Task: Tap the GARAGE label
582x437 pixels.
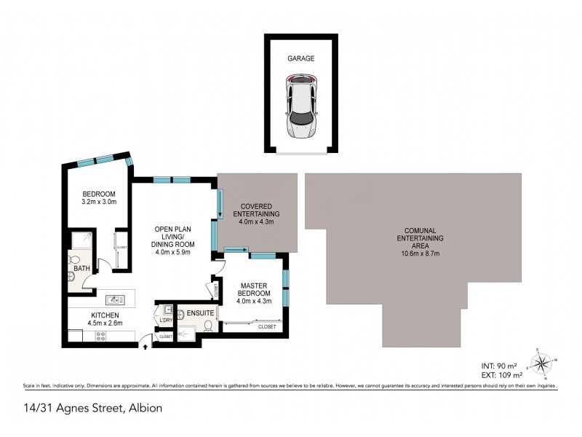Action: pyautogui.click(x=300, y=58)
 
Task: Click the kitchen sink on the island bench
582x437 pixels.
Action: pyautogui.click(x=113, y=298)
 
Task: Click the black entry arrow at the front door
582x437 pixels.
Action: pyautogui.click(x=145, y=347)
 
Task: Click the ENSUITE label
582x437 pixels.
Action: pyautogui.click(x=200, y=312)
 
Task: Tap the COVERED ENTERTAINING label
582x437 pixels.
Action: pyautogui.click(x=256, y=218)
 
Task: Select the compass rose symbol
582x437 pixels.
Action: pyautogui.click(x=541, y=362)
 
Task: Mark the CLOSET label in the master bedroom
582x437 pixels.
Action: pyautogui.click(x=267, y=327)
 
